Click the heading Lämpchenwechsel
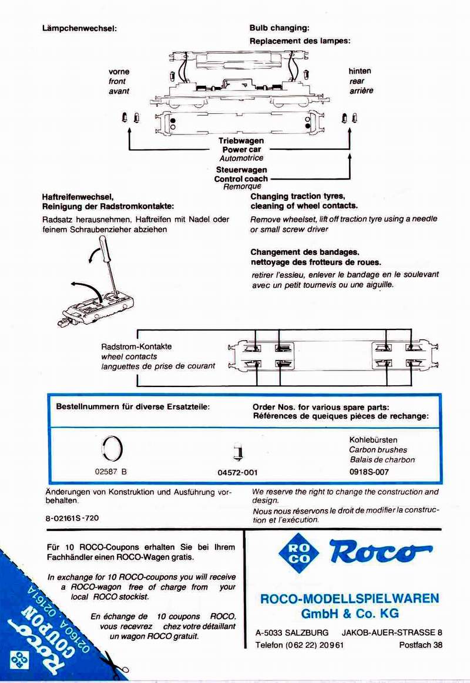79,28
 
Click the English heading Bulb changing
279,28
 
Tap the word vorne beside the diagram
119,72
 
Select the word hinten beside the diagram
360,71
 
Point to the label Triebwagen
241,141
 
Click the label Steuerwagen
241,170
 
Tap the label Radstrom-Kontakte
136,346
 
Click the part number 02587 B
110,471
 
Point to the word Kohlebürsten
373,439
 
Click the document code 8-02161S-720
72,519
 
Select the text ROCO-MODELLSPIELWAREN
349,598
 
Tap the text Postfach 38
421,645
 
